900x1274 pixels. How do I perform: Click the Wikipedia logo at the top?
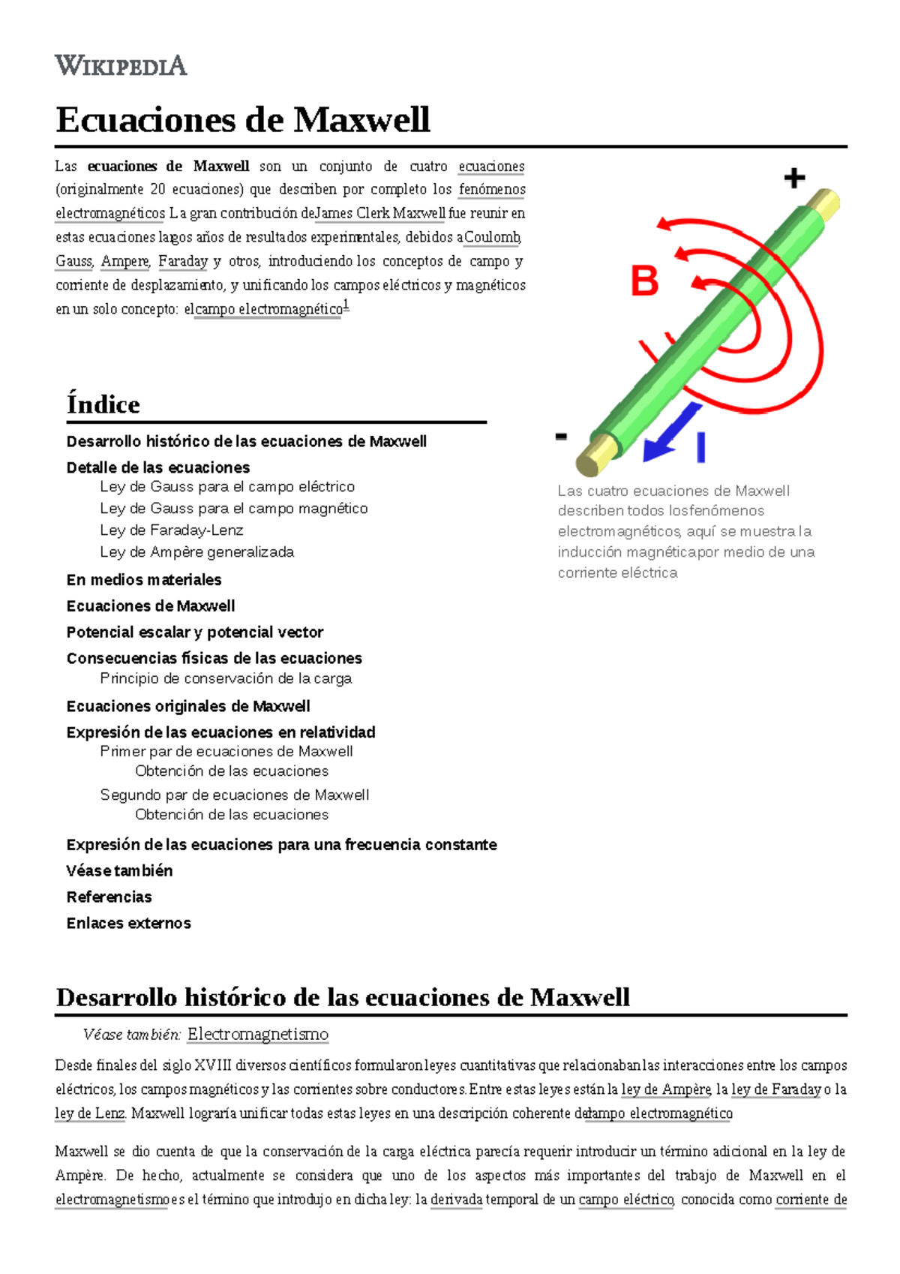121,65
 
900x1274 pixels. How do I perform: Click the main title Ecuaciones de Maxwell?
242,120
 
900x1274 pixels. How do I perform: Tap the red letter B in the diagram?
644,282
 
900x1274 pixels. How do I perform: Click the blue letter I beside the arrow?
700,447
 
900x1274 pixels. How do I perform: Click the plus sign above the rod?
794,178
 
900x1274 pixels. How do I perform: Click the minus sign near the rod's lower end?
561,437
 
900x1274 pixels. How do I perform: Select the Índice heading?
103,404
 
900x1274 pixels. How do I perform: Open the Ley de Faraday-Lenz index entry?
172,530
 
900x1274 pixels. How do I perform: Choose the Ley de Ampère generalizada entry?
196,552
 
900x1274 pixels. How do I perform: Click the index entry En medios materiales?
143,580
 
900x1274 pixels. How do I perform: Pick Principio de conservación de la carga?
226,678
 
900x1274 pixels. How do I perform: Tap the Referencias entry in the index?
109,897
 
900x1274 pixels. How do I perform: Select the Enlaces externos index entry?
128,924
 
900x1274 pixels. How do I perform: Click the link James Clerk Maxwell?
380,213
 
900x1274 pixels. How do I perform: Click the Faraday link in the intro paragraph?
182,261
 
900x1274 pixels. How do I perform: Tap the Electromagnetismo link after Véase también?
257,1035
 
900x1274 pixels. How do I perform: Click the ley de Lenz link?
90,1113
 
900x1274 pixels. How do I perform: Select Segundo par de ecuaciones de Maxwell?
235,795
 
